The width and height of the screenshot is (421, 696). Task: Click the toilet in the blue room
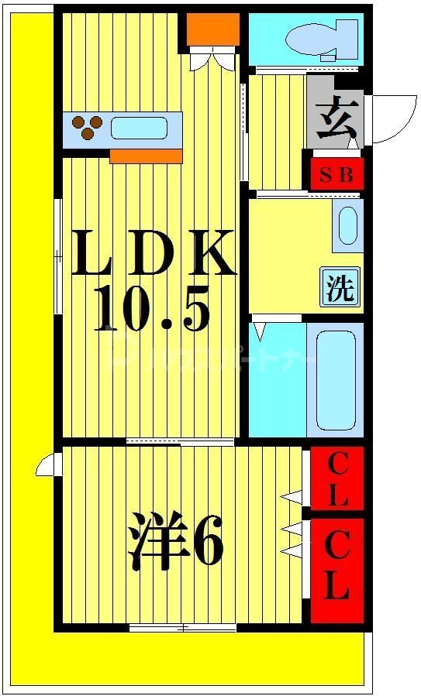click(x=318, y=39)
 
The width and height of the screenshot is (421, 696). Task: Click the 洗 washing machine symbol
click(x=340, y=288)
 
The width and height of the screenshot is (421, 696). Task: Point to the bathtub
click(x=334, y=379)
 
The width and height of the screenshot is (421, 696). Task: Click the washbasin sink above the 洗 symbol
click(x=347, y=225)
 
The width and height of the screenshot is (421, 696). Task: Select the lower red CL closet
click(x=337, y=570)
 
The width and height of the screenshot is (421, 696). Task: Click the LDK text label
click(x=153, y=253)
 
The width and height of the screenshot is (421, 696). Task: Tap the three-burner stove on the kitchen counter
click(x=86, y=128)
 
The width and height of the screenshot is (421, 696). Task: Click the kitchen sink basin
click(x=140, y=128)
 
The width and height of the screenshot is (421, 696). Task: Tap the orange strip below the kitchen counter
click(x=146, y=156)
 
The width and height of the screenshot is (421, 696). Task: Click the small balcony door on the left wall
click(x=47, y=465)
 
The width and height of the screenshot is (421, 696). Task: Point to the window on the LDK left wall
click(x=58, y=255)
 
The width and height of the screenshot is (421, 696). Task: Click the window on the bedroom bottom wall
click(x=183, y=628)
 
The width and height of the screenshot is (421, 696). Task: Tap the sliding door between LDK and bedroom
click(x=180, y=442)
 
